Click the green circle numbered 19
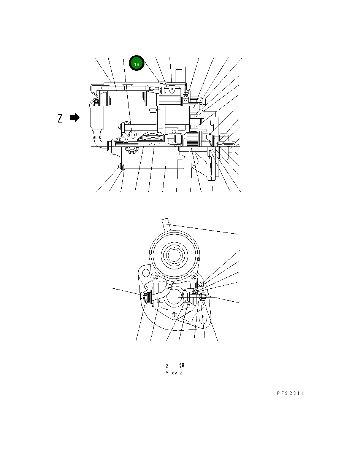point(136,64)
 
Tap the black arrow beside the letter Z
point(75,118)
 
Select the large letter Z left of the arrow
point(60,118)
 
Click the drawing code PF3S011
point(290,393)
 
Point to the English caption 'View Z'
point(174,373)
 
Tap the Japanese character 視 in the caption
point(182,366)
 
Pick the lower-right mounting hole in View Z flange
point(203,321)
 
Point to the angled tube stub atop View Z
point(166,224)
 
